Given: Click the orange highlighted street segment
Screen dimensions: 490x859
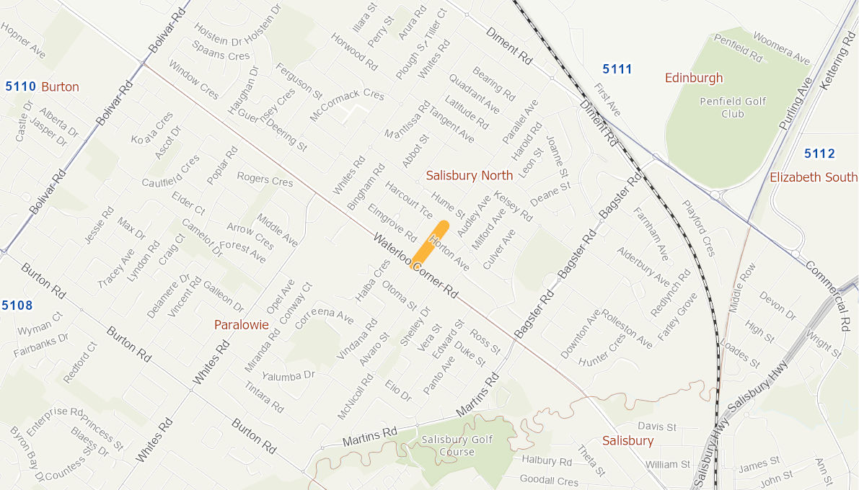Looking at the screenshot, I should (x=430, y=245).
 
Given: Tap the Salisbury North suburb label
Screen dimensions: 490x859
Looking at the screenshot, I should (x=469, y=175).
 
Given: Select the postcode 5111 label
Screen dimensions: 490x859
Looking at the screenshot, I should (x=617, y=69).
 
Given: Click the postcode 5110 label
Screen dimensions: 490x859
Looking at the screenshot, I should (x=20, y=86).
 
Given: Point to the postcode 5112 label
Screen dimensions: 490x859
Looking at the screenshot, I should (x=819, y=153).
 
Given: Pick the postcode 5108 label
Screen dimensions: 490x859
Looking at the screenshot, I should (x=17, y=306).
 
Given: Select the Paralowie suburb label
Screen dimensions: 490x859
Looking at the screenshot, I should (x=241, y=325).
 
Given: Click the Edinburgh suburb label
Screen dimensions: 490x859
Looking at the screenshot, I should (x=693, y=78).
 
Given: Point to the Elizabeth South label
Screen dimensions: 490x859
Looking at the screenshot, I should (x=814, y=177).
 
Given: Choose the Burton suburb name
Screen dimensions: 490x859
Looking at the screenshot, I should (x=60, y=86).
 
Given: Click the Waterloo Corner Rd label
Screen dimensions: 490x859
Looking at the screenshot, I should (x=416, y=267).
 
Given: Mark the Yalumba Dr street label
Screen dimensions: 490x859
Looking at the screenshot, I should (x=288, y=376).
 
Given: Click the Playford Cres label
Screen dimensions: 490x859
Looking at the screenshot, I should (x=699, y=228).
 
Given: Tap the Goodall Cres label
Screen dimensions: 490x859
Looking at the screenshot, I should (x=550, y=481).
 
